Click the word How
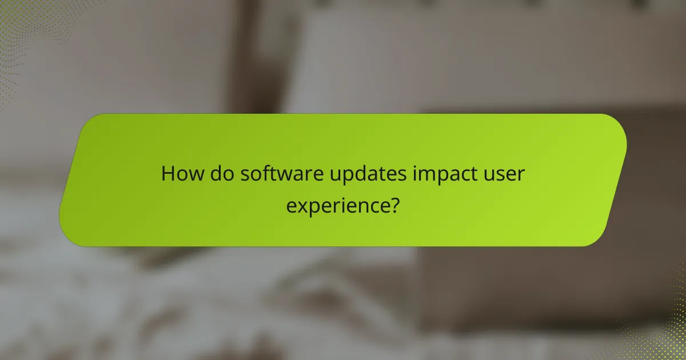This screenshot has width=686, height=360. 177,174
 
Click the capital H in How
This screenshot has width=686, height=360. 167,174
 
